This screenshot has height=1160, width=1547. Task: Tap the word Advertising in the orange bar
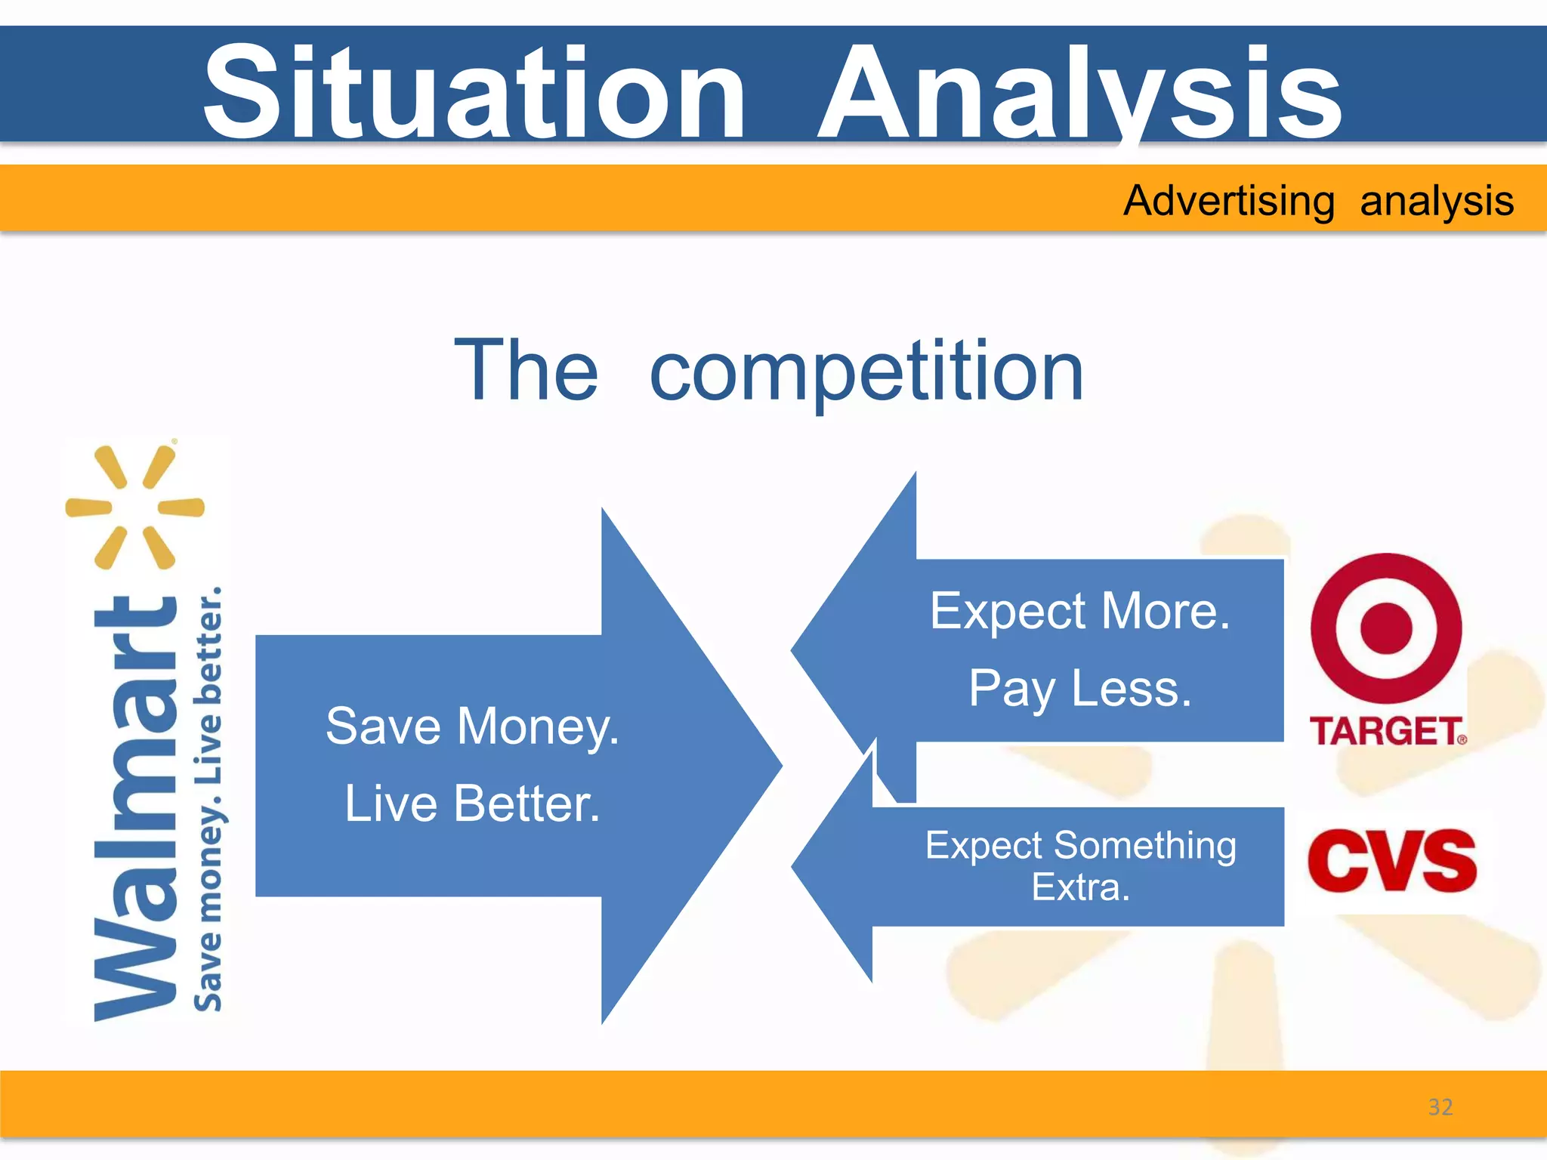coord(1229,201)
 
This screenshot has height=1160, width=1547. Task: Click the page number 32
coord(1440,1107)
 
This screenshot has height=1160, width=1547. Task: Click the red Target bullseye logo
coord(1386,628)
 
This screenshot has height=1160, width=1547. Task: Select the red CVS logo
coord(1391,861)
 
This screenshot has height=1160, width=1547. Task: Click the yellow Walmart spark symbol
coord(135,507)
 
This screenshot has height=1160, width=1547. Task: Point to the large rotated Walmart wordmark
coord(136,808)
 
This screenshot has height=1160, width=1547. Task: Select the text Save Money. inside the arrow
coord(472,727)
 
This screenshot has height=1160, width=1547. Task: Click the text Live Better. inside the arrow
coord(472,804)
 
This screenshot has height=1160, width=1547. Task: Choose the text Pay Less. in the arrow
coord(1080,689)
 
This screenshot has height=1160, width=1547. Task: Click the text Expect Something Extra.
coord(1080,865)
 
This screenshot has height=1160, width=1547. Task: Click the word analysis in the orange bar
coord(1437,201)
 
